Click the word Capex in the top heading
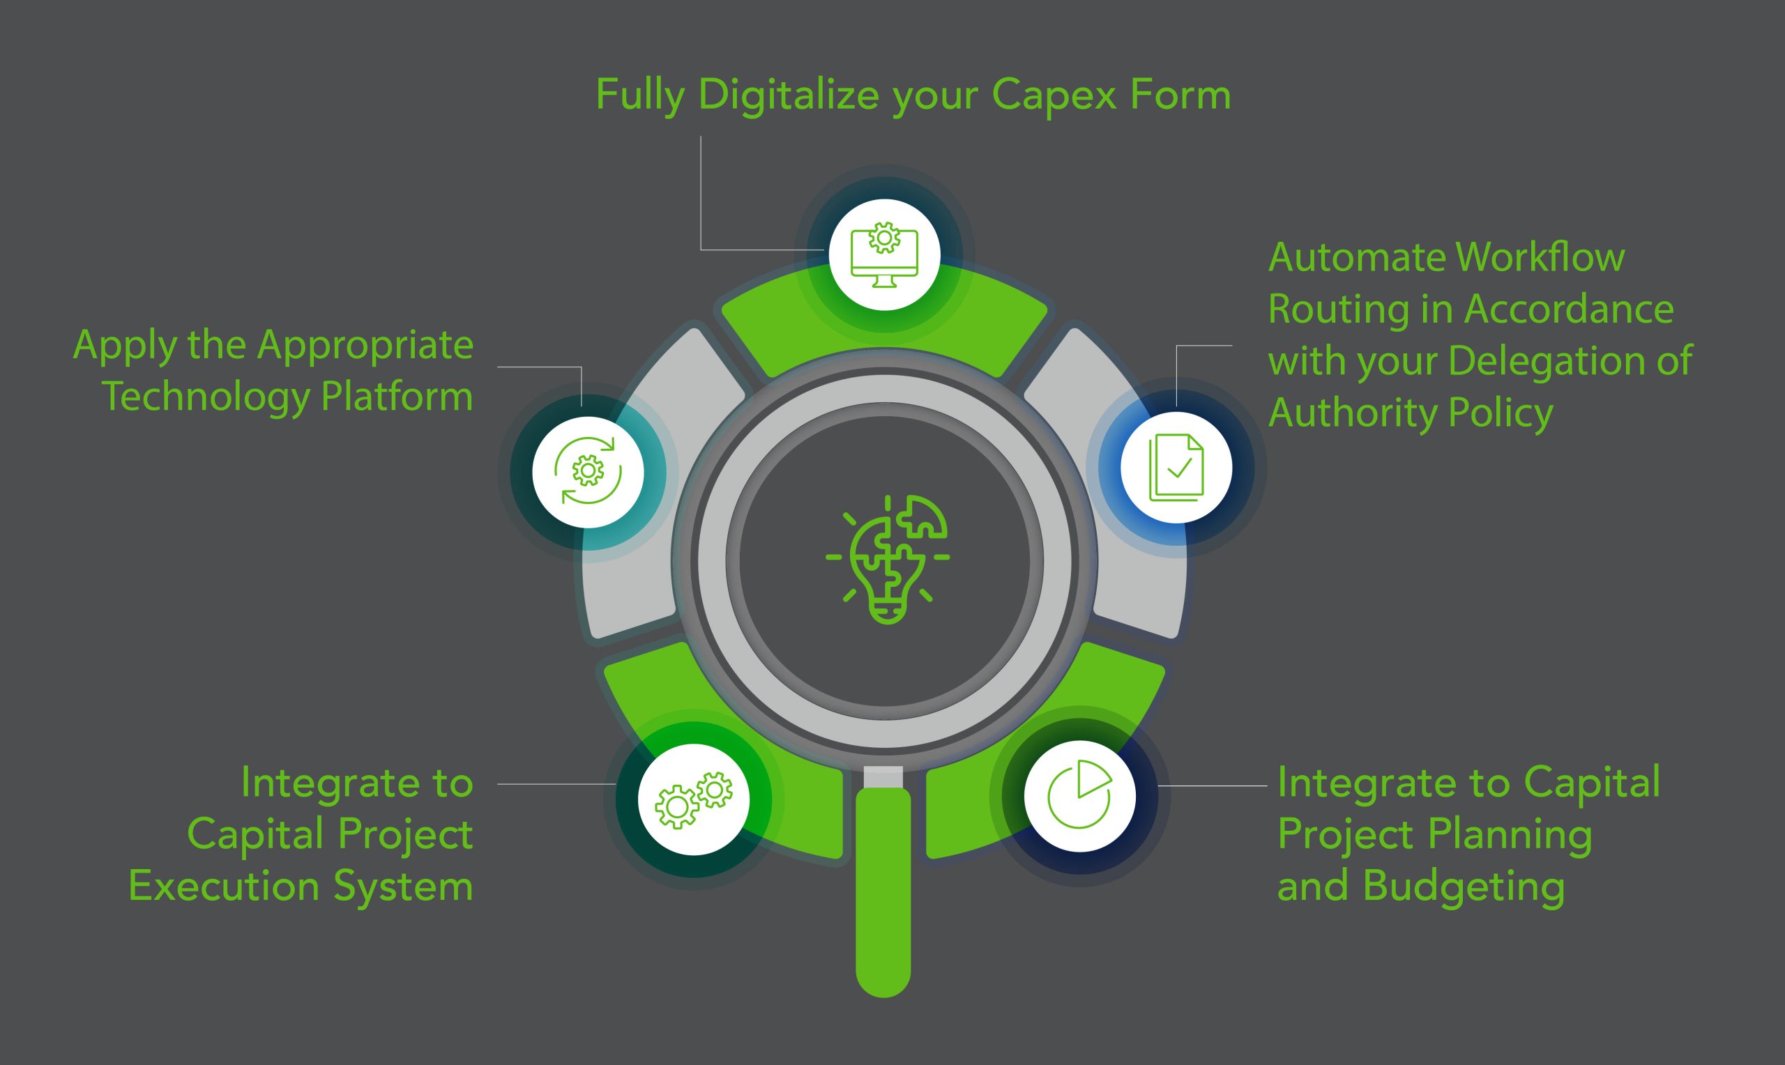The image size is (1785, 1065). click(1054, 95)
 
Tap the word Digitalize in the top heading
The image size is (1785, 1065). click(788, 95)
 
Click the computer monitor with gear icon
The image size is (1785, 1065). click(884, 255)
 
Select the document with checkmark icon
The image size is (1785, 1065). click(1176, 468)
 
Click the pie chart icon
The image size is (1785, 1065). click(1079, 796)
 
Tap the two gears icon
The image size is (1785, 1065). click(694, 799)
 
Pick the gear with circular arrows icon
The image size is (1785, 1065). click(588, 471)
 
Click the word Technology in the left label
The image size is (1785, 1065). click(206, 397)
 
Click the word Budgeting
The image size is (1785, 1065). click(1464, 886)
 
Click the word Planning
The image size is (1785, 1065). click(1510, 834)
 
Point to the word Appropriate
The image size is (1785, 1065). click(365, 346)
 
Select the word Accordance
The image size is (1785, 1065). click(1568, 309)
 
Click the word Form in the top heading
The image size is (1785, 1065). click(1180, 95)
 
